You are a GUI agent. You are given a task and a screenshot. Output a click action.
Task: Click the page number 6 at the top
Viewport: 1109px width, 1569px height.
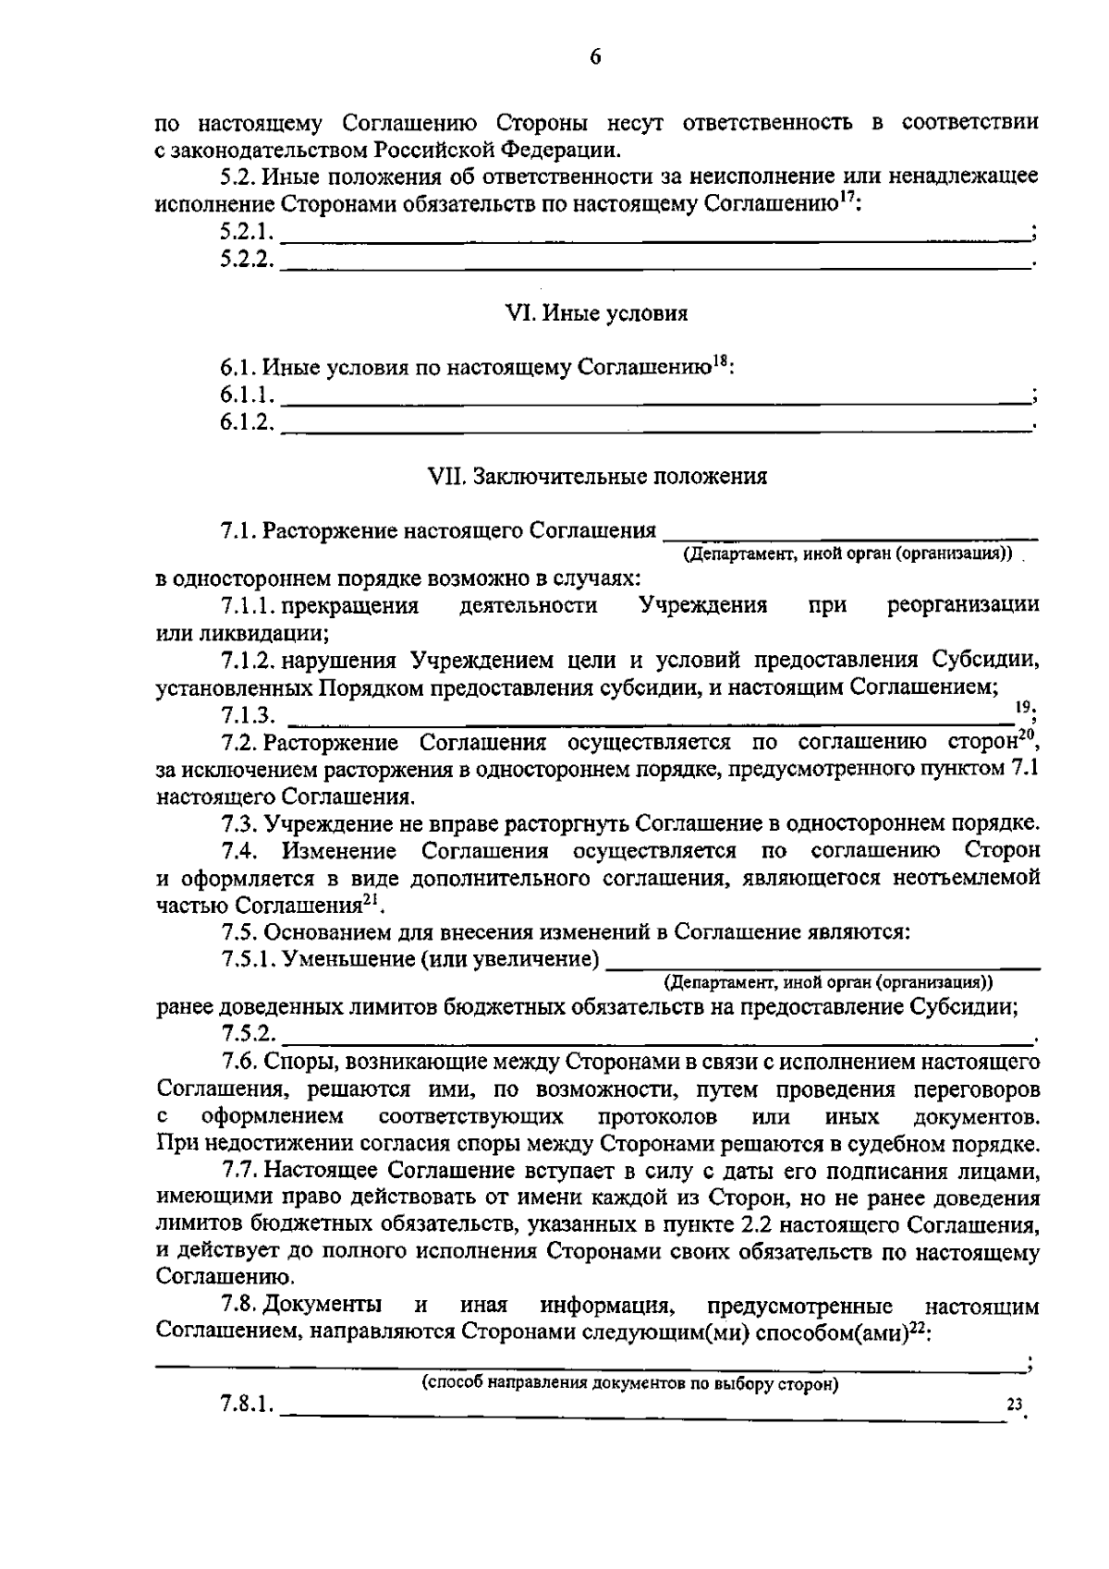click(x=595, y=57)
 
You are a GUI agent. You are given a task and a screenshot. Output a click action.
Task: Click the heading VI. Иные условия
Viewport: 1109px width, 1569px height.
click(x=596, y=314)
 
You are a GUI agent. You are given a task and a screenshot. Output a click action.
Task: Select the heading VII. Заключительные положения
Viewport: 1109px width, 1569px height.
click(x=596, y=477)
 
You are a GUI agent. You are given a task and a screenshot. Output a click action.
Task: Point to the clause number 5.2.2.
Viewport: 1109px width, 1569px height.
click(x=247, y=261)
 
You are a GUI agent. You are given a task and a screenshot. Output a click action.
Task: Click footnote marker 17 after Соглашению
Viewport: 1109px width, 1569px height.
click(x=845, y=197)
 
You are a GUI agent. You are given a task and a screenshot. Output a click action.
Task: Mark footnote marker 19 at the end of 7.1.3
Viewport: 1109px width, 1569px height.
click(x=1022, y=706)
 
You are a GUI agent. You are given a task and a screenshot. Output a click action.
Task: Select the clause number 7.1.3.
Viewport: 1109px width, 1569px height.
click(x=248, y=715)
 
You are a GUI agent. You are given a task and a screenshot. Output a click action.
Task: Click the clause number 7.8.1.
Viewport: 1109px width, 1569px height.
click(x=248, y=1431)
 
